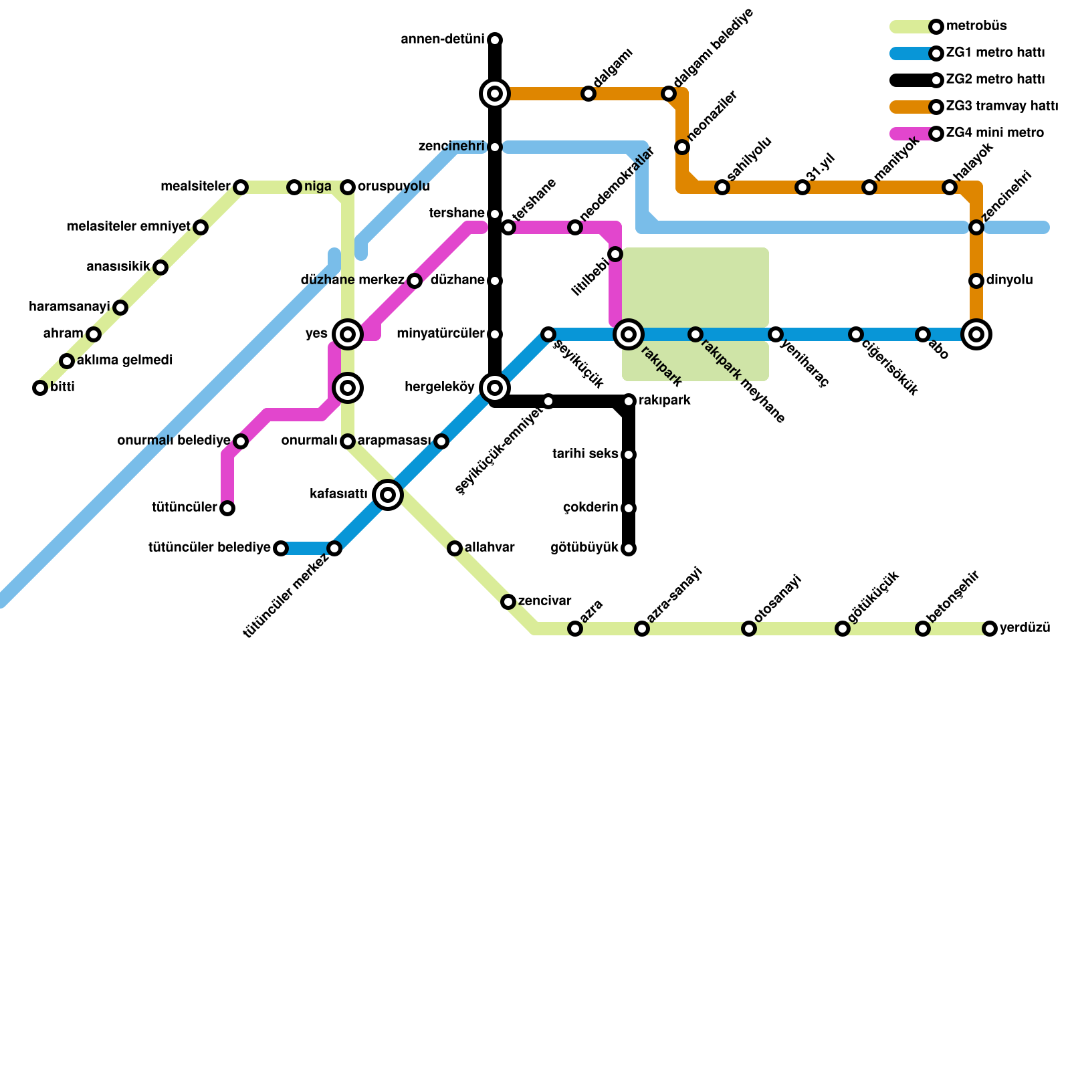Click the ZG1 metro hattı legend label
point(995,53)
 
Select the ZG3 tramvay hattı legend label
point(1002,106)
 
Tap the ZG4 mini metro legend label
point(994,133)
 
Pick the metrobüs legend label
point(976,26)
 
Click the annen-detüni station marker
point(495,40)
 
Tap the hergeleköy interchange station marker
point(495,388)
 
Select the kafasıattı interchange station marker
point(388,495)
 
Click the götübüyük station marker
point(629,548)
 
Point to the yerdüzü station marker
point(990,629)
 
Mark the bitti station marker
point(40,388)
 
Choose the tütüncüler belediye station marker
point(281,548)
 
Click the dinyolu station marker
point(976,281)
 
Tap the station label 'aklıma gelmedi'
point(125,360)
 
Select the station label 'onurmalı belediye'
point(174,441)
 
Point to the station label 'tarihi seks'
point(585,454)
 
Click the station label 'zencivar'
point(544,601)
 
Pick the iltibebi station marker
point(615,254)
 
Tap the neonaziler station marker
point(682,147)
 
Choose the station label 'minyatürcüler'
point(440,334)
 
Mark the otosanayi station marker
point(749,629)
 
